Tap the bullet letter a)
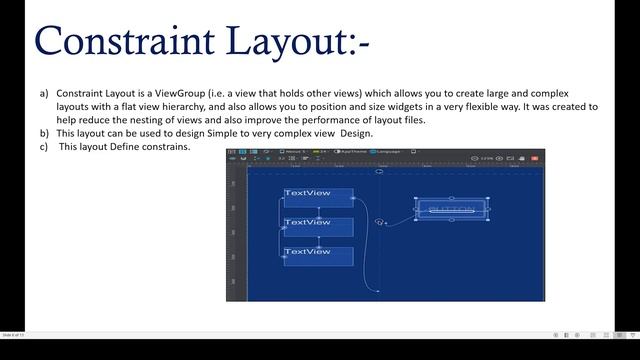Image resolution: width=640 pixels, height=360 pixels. (x=44, y=93)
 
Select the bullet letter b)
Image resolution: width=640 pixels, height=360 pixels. (x=44, y=132)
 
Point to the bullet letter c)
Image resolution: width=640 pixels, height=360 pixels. (x=44, y=145)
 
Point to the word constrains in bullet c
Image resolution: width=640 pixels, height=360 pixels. (x=167, y=145)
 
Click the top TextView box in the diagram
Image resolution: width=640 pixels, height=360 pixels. (x=318, y=197)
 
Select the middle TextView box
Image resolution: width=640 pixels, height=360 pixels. (x=318, y=226)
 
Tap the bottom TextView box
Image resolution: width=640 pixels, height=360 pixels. (x=318, y=255)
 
